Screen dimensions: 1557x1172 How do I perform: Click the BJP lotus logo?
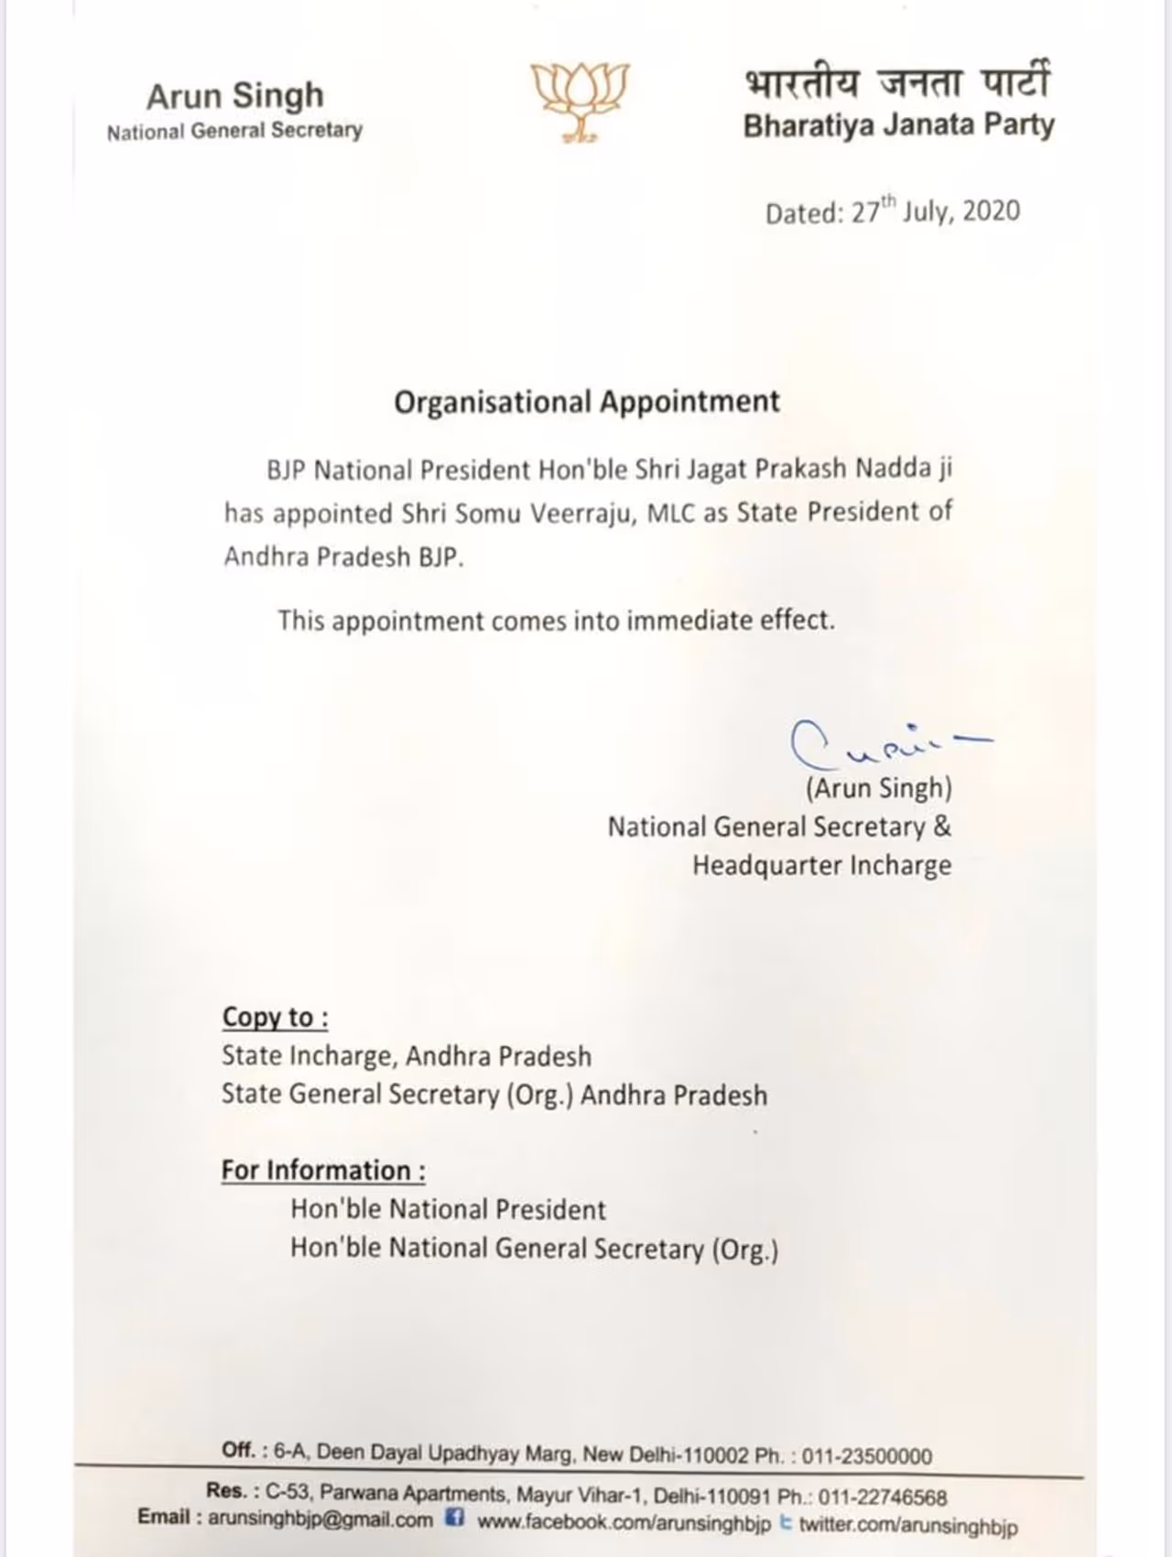click(581, 101)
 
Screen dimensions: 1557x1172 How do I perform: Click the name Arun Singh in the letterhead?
click(235, 95)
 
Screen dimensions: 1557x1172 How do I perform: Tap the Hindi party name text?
click(896, 82)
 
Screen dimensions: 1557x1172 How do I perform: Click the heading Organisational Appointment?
click(587, 402)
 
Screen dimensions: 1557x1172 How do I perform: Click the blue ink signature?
click(879, 743)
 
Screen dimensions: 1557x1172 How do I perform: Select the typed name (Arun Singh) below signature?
click(878, 788)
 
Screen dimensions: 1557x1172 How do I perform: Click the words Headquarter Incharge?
click(821, 866)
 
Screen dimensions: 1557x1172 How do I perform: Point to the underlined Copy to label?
click(275, 1018)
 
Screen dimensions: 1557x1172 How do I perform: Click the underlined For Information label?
click(323, 1171)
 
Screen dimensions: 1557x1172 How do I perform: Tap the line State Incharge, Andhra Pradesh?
click(407, 1056)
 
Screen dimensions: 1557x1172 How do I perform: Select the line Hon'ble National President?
click(448, 1210)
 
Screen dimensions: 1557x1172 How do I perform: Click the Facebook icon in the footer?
click(454, 1519)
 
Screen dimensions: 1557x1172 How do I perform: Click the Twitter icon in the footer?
click(786, 1523)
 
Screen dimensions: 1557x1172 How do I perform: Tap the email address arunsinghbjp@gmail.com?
click(320, 1519)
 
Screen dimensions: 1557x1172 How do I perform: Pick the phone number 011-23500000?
click(868, 1456)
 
